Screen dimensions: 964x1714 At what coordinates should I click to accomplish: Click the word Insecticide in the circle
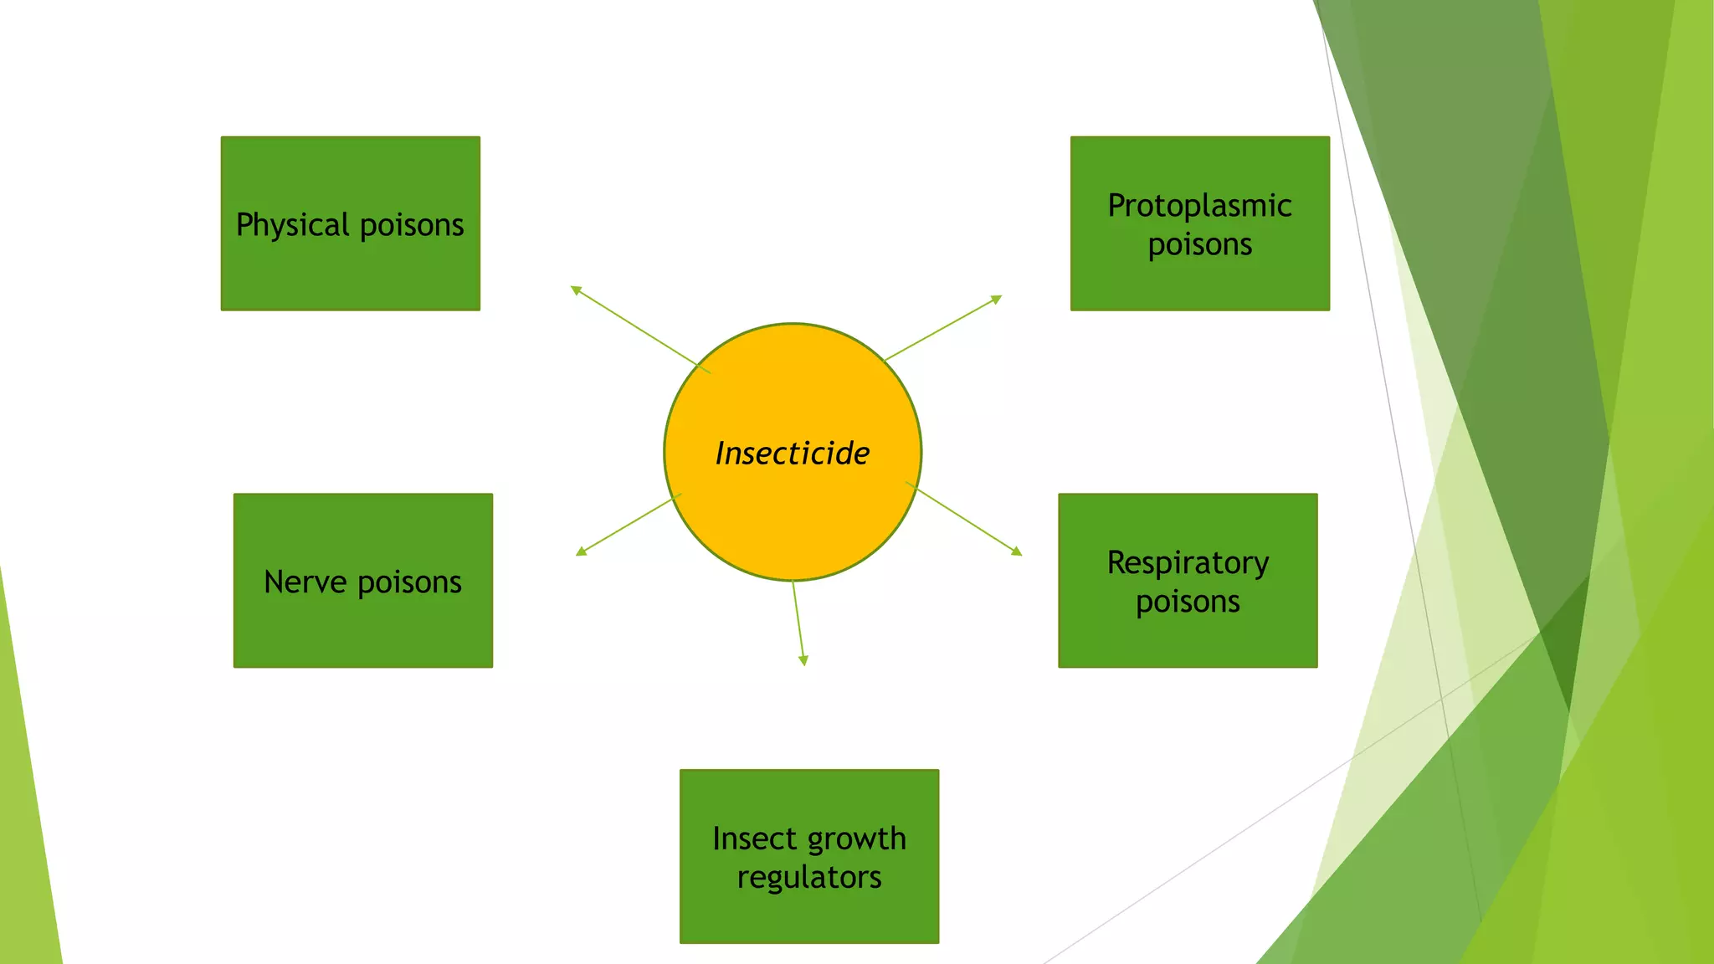tap(792, 453)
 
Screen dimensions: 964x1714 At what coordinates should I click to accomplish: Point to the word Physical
tap(292, 225)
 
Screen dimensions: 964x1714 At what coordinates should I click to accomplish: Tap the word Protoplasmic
tap(1199, 206)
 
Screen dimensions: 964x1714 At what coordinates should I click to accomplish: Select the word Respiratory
tap(1188, 563)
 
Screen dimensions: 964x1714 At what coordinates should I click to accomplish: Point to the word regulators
tap(808, 877)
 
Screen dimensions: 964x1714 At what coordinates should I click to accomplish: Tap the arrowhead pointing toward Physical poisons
tap(576, 290)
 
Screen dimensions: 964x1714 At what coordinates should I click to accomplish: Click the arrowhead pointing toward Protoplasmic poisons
tap(997, 299)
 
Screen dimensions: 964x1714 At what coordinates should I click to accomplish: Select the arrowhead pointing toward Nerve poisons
tap(581, 551)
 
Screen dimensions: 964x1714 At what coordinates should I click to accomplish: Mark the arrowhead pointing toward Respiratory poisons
tap(1017, 551)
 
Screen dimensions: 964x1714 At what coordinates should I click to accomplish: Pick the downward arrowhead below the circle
tap(803, 661)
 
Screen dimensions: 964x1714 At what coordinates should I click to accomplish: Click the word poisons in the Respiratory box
tap(1188, 602)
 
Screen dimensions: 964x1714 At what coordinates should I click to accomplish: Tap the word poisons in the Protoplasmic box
tap(1199, 244)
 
